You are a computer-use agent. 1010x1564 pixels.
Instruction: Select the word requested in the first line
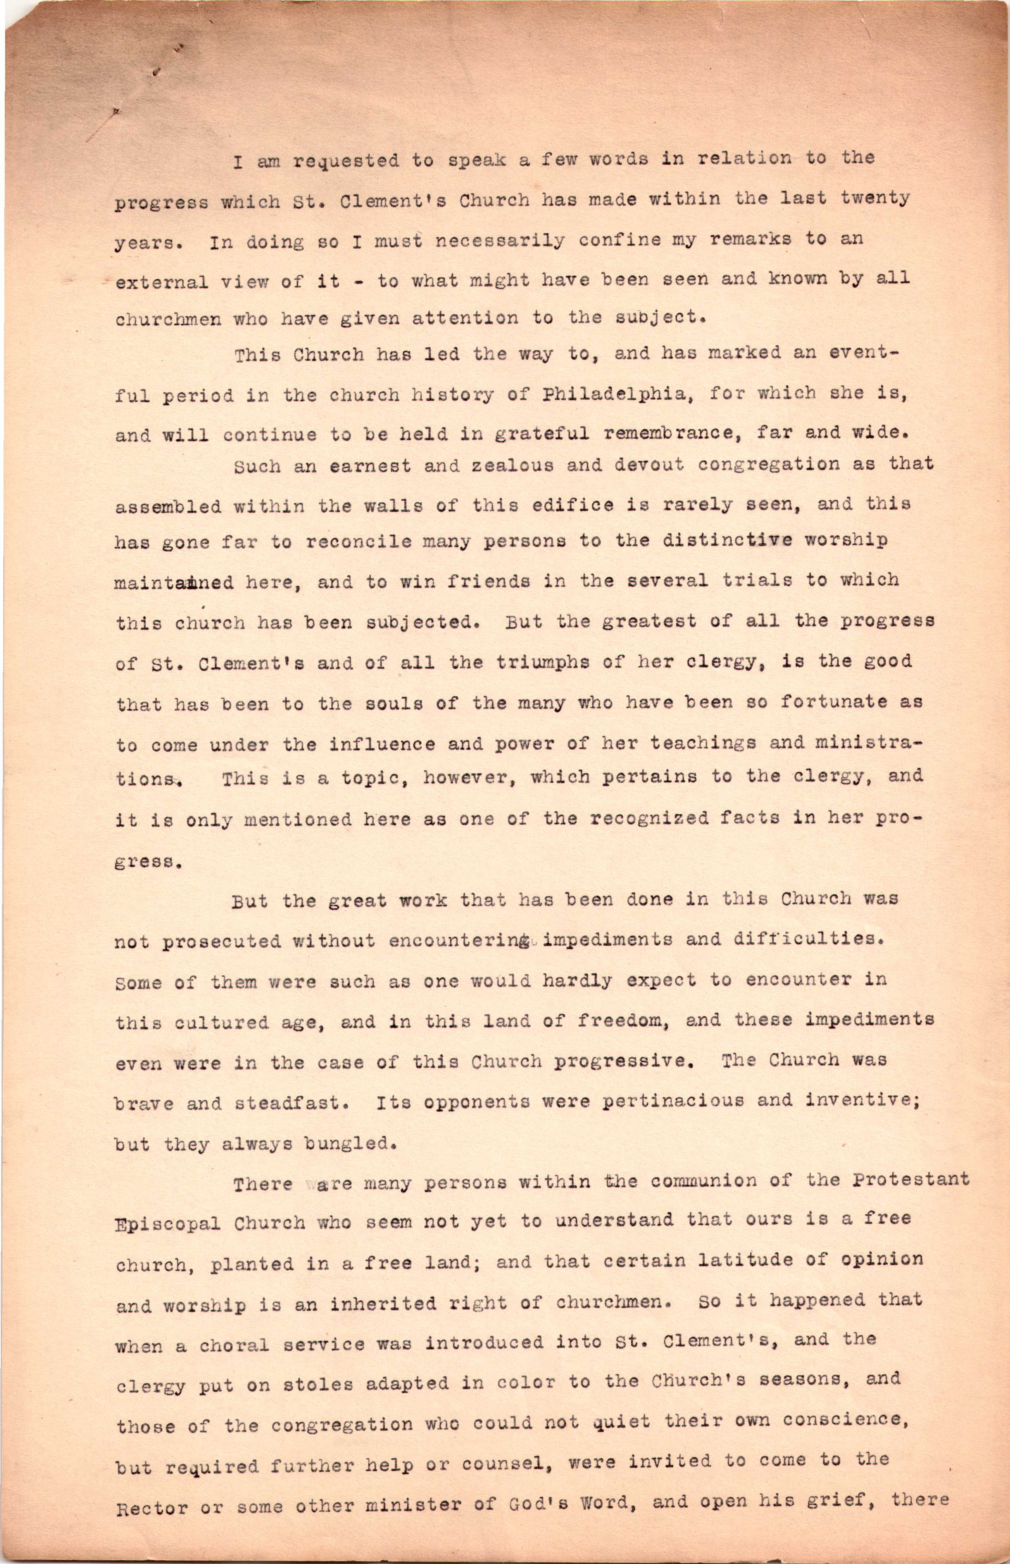[346, 161]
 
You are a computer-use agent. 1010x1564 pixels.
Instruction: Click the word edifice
[553, 505]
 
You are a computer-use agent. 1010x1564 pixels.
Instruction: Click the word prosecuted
[221, 943]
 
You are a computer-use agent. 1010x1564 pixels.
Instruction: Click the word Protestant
[911, 1181]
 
